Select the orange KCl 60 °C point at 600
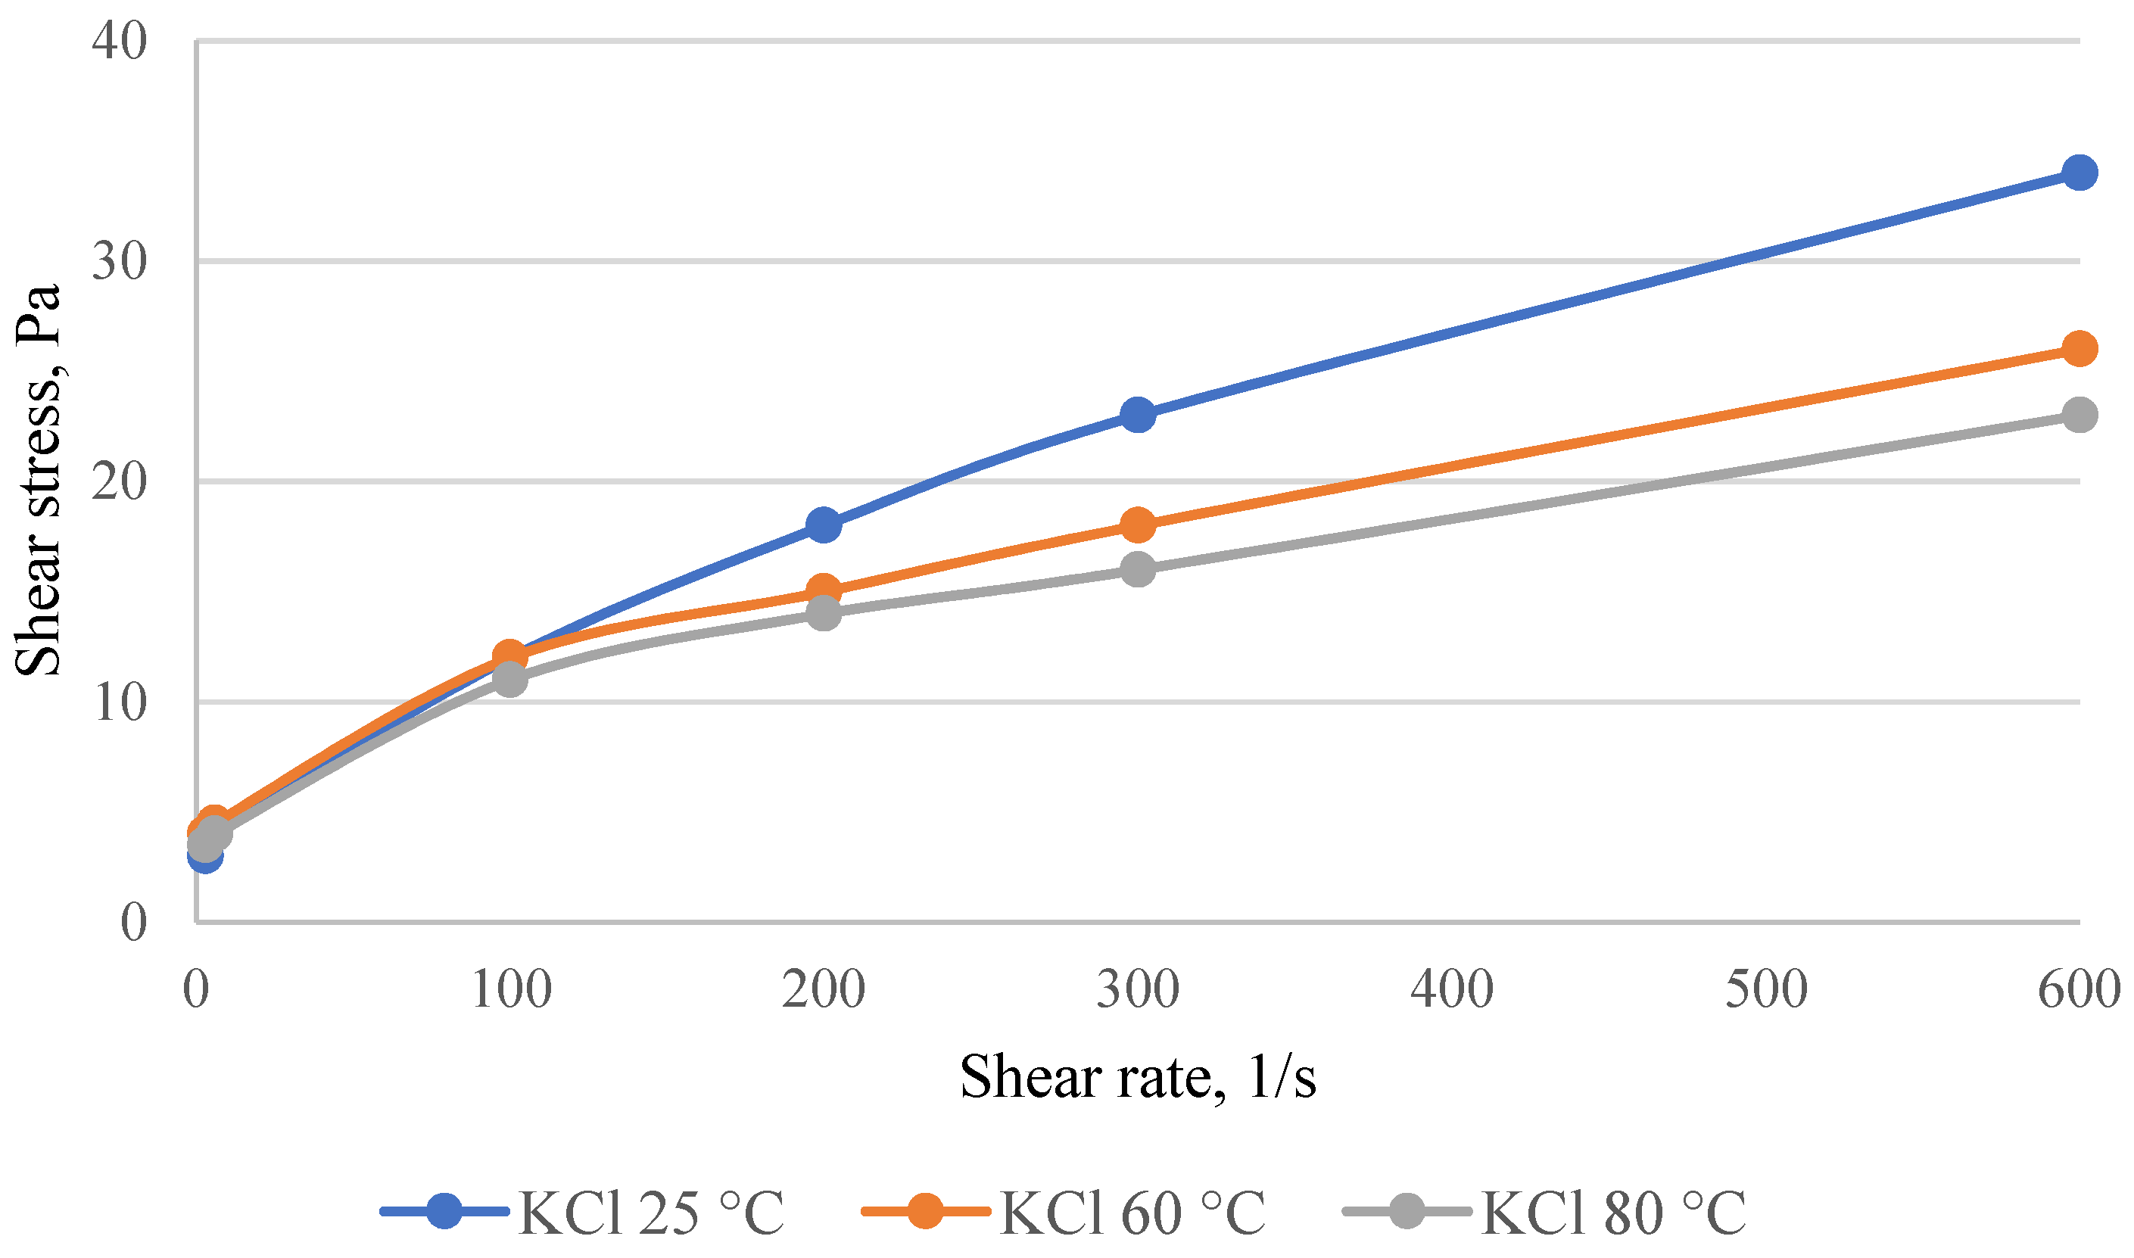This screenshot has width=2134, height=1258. (x=2078, y=349)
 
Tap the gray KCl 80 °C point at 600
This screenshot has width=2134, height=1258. (x=2078, y=416)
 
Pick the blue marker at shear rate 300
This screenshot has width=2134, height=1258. (x=1137, y=416)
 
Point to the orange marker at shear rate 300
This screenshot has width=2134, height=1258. (x=1137, y=525)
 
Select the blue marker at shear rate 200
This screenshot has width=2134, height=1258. (x=824, y=525)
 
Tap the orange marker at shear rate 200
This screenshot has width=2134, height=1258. (x=824, y=591)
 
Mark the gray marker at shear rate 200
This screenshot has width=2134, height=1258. (x=824, y=613)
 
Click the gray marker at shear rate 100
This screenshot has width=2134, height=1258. (x=509, y=679)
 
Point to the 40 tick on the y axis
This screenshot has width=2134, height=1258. (x=120, y=41)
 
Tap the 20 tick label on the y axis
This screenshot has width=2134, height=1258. (x=120, y=481)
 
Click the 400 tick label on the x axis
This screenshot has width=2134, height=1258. (x=1451, y=989)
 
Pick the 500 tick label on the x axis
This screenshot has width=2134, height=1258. (x=1766, y=989)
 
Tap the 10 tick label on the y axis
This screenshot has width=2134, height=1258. (x=120, y=702)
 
